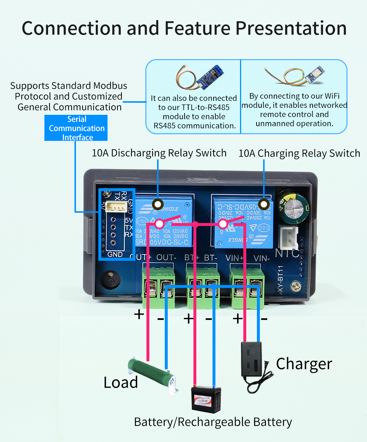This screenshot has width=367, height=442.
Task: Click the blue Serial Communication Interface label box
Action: (76, 128)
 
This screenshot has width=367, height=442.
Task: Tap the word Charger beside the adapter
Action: (304, 364)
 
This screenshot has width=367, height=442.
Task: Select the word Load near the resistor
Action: (121, 382)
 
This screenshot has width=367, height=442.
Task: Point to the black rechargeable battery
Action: (207, 399)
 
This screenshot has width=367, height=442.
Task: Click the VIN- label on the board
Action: (262, 258)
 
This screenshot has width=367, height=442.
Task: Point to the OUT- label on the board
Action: (166, 257)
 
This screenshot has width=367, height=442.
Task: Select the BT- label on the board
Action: (211, 258)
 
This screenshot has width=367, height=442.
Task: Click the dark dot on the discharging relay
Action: (158, 204)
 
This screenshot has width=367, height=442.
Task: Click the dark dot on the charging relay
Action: (264, 204)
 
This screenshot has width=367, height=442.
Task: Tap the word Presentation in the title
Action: (291, 28)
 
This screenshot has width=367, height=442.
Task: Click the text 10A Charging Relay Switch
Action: (299, 153)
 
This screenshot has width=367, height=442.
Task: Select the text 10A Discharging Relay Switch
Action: (159, 153)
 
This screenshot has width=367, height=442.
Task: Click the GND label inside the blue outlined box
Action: (115, 254)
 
